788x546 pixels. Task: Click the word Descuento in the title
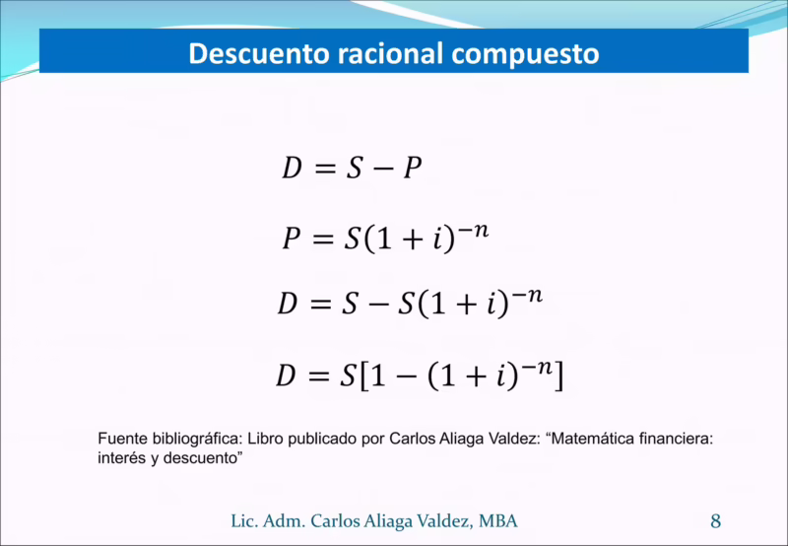click(254, 53)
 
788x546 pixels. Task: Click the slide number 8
click(716, 520)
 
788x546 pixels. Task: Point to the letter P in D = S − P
click(412, 169)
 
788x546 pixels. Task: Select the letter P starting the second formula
click(292, 239)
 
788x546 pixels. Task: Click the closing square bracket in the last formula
click(558, 376)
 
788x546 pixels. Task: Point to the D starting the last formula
click(286, 375)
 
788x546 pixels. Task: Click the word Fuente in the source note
click(121, 440)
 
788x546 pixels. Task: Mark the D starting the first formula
click(292, 169)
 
